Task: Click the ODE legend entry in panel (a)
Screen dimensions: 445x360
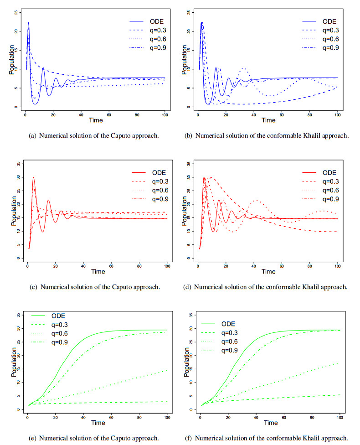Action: tap(154, 22)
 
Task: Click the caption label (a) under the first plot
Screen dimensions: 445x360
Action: tap(36, 136)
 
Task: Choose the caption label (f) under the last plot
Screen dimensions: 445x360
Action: tap(189, 438)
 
